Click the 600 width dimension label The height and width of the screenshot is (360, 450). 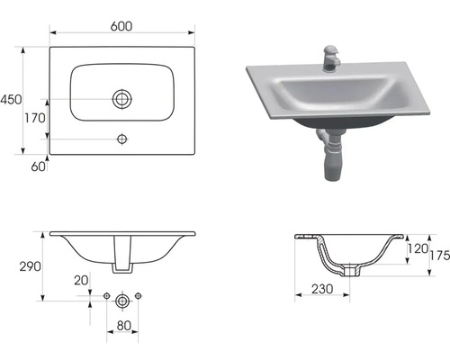121,26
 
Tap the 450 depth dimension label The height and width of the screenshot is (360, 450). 11,100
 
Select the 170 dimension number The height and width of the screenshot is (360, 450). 35,118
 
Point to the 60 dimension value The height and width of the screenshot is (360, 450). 38,166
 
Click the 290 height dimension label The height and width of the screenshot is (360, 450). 31,266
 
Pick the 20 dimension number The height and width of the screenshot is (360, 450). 81,281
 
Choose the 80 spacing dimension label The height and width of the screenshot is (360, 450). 123,325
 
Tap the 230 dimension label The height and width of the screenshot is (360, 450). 322,289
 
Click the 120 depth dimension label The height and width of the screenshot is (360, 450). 418,248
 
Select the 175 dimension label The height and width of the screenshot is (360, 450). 440,256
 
